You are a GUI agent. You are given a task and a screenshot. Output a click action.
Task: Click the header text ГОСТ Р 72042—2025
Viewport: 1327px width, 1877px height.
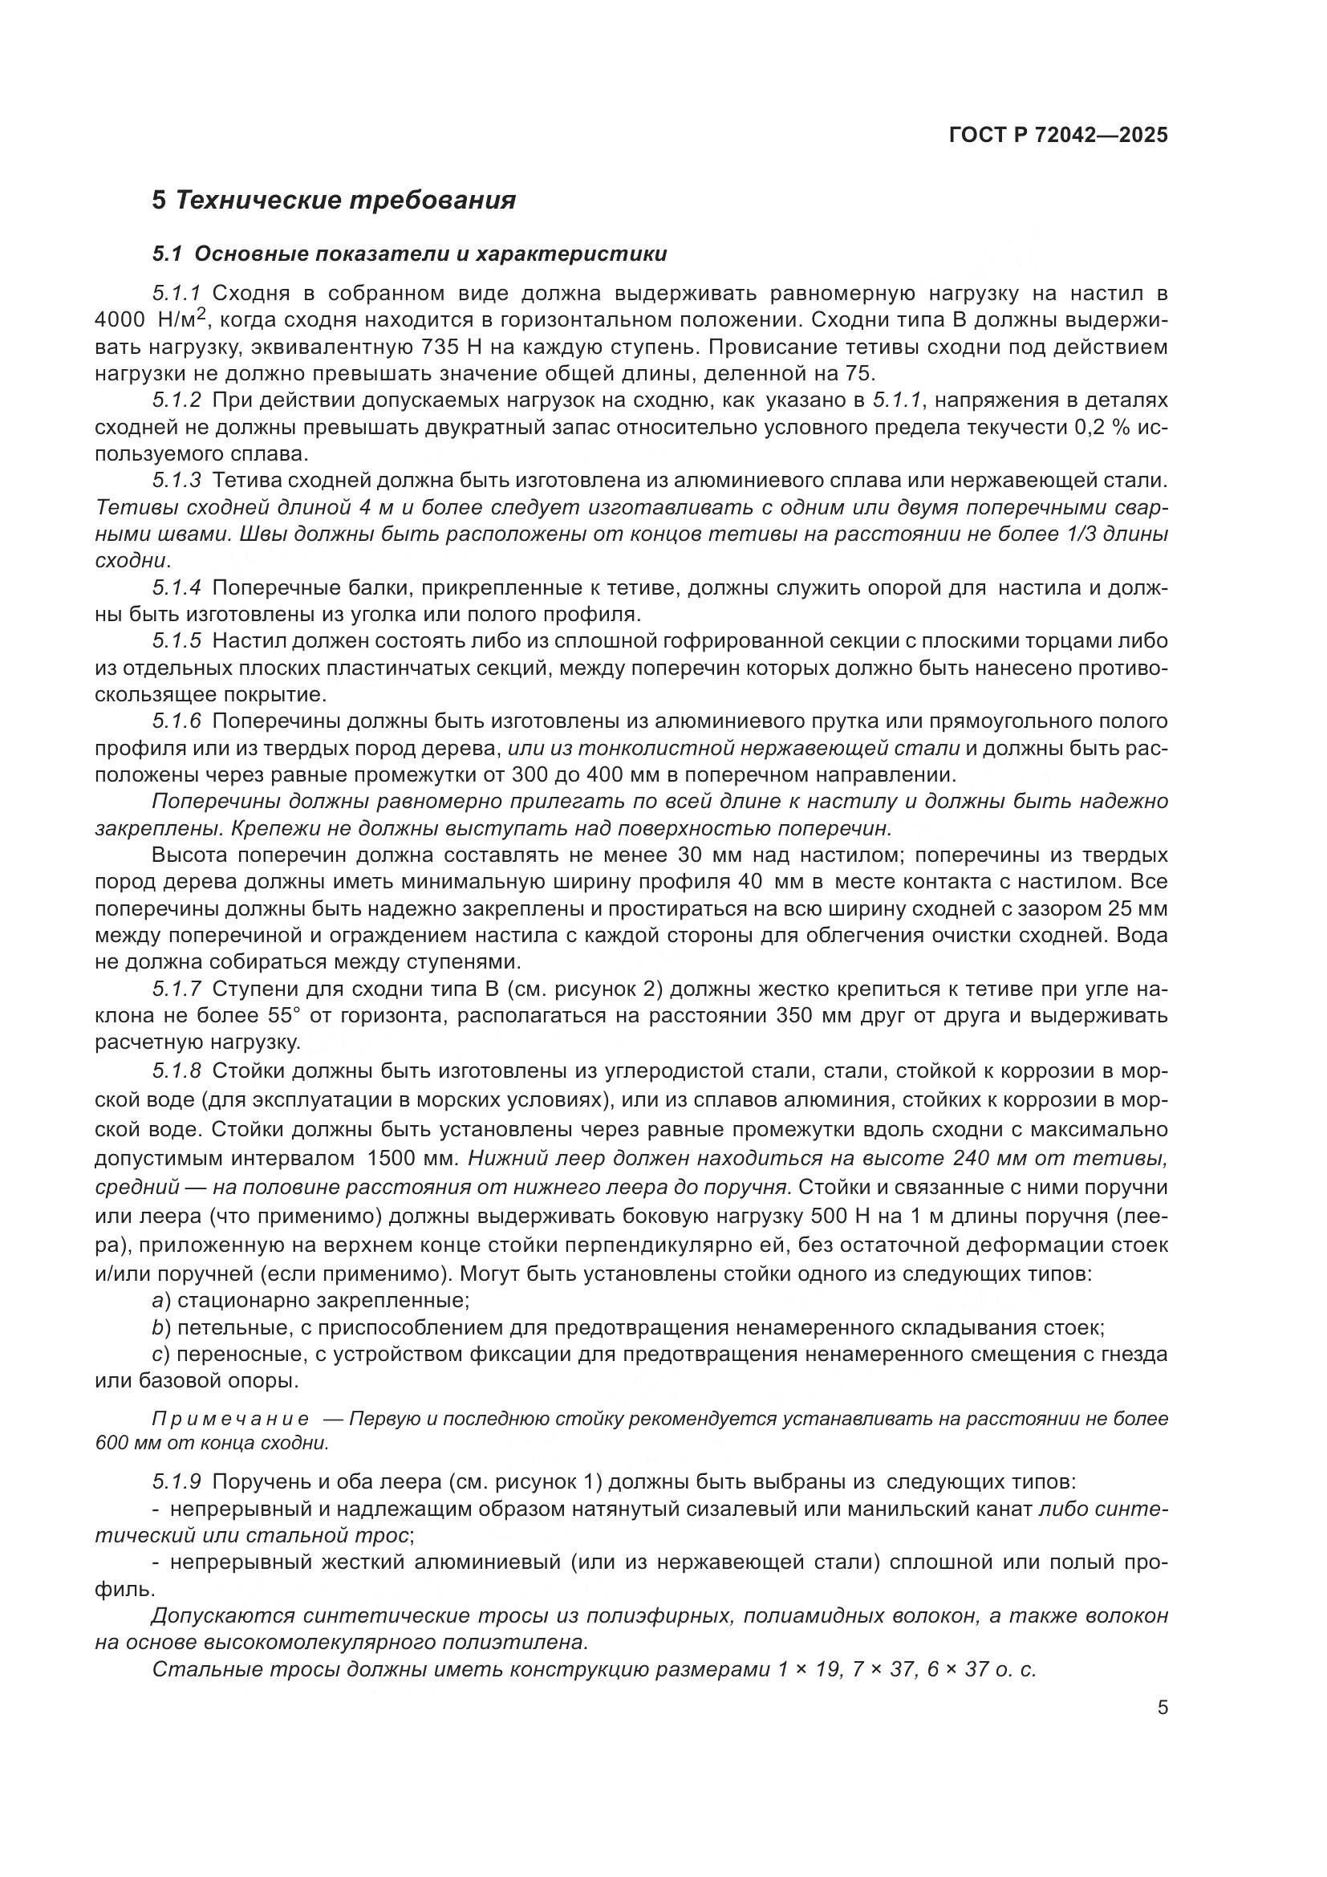pos(1058,136)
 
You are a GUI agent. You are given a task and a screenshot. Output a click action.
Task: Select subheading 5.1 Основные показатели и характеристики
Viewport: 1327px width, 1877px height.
pos(409,254)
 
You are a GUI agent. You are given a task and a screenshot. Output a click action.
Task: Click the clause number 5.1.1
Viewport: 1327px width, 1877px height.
pos(177,294)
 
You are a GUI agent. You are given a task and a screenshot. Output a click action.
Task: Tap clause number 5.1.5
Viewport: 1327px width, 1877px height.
pos(177,641)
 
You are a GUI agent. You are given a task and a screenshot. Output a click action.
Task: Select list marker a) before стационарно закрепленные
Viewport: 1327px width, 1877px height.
pos(161,1298)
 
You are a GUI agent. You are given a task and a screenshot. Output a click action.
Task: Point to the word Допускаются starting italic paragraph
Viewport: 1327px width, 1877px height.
pos(221,1615)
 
